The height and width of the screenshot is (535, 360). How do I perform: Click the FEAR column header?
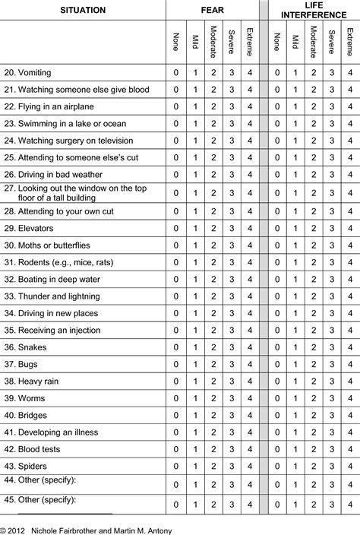(212, 11)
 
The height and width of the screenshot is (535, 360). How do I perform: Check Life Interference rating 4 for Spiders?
(349, 465)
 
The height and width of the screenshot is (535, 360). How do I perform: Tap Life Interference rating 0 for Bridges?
(276, 415)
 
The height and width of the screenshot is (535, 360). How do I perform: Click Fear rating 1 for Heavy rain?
(194, 381)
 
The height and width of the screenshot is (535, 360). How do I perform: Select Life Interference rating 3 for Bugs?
(331, 364)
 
